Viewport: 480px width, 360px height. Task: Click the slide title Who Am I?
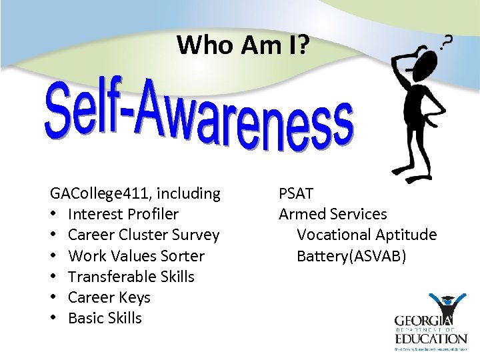pos(243,45)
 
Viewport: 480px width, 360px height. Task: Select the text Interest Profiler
pos(123,215)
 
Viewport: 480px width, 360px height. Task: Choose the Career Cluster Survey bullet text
pos(143,235)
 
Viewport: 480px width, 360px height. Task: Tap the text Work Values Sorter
pos(136,256)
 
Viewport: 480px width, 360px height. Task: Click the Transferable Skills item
pos(131,277)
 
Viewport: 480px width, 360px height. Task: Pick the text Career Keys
pos(109,297)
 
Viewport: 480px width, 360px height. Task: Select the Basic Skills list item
pos(105,318)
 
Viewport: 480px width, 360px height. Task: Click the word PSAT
pos(296,194)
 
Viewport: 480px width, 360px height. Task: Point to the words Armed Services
pos(333,215)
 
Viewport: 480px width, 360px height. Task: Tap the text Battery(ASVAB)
pos(351,256)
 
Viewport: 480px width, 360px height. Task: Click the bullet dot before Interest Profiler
pos(53,215)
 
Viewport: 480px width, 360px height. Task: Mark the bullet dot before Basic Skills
pos(53,318)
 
